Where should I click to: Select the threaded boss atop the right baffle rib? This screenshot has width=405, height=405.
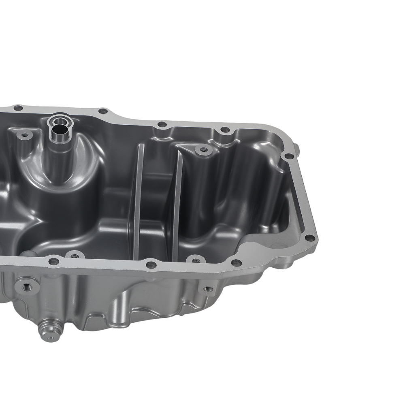click(203, 150)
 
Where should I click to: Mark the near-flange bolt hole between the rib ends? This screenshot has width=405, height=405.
click(151, 265)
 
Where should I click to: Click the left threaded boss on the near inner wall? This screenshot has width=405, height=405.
click(74, 256)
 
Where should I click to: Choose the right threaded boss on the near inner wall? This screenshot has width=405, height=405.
click(195, 259)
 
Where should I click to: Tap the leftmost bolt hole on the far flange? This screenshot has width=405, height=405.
click(18, 108)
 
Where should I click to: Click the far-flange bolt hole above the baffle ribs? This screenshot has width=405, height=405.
click(162, 124)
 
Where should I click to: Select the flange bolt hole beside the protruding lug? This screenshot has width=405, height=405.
click(289, 156)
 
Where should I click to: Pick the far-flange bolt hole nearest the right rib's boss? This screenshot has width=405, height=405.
click(224, 130)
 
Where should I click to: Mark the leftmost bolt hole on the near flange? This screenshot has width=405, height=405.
click(54, 262)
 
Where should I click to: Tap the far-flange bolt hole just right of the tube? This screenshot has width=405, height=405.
click(103, 111)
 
